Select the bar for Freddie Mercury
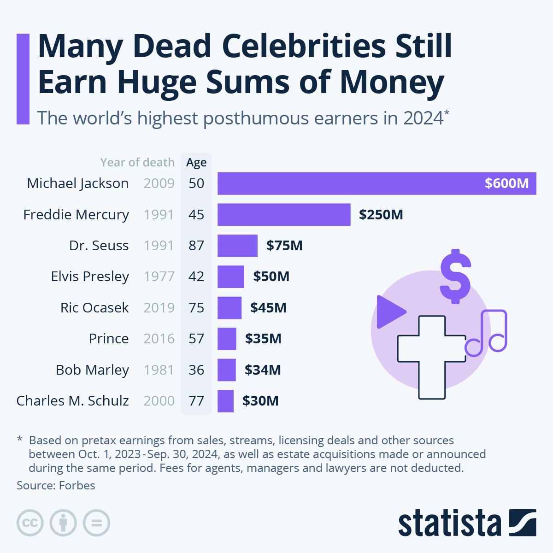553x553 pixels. click(x=284, y=215)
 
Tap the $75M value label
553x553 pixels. click(x=284, y=246)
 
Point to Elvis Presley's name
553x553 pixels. click(x=90, y=276)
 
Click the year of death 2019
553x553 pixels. click(x=159, y=308)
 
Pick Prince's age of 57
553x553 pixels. click(x=196, y=339)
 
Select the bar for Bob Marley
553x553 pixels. click(x=227, y=370)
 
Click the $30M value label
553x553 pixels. click(x=260, y=401)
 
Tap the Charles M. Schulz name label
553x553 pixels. click(x=73, y=401)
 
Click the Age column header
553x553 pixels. click(x=196, y=163)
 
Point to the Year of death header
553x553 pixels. click(x=137, y=163)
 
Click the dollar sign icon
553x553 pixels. click(x=455, y=276)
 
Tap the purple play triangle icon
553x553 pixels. click(x=389, y=312)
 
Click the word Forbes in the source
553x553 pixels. click(x=77, y=486)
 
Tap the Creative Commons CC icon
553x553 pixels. click(x=30, y=523)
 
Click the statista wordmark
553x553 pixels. click(x=449, y=523)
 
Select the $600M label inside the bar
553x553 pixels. click(x=506, y=183)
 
